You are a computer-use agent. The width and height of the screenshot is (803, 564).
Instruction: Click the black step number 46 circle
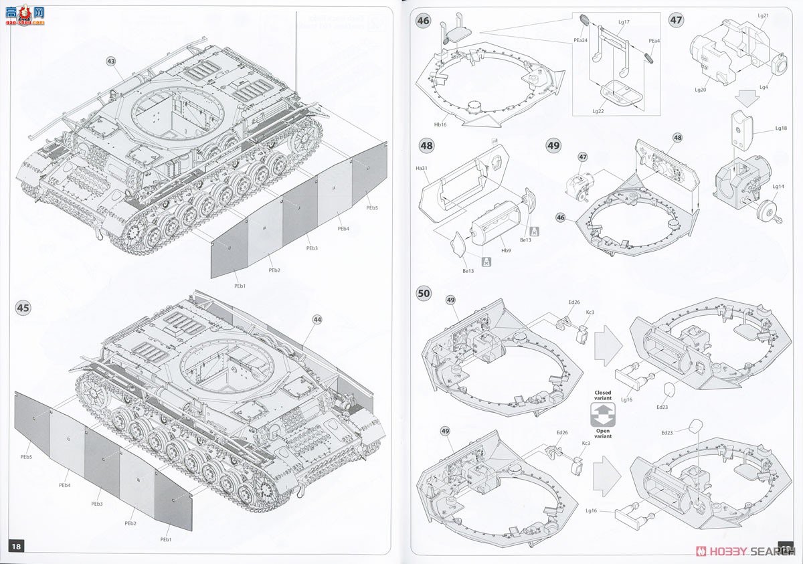click(423, 21)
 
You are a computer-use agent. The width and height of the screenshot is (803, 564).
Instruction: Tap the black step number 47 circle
click(676, 20)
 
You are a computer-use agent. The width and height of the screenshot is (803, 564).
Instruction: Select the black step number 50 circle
click(423, 293)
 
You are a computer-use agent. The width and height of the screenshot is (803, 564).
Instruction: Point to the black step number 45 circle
click(23, 308)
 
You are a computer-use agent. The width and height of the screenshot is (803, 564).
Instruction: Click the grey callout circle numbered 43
click(110, 62)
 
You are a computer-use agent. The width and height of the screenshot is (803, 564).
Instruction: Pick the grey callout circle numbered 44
click(317, 320)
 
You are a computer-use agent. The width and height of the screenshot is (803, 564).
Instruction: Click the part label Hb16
click(440, 124)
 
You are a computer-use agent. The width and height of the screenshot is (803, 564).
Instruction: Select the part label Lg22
click(598, 111)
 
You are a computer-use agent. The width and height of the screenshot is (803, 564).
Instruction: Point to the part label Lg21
click(764, 15)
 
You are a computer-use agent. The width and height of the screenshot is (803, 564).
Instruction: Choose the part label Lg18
click(781, 128)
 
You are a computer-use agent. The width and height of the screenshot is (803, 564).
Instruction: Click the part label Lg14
click(778, 187)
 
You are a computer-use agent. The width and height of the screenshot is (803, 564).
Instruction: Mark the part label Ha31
click(422, 168)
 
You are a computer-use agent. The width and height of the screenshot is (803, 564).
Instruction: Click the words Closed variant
click(603, 395)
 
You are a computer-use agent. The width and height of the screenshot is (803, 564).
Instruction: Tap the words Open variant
click(603, 433)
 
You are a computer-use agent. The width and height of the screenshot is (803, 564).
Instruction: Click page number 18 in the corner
click(16, 547)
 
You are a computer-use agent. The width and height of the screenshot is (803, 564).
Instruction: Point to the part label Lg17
click(624, 22)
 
